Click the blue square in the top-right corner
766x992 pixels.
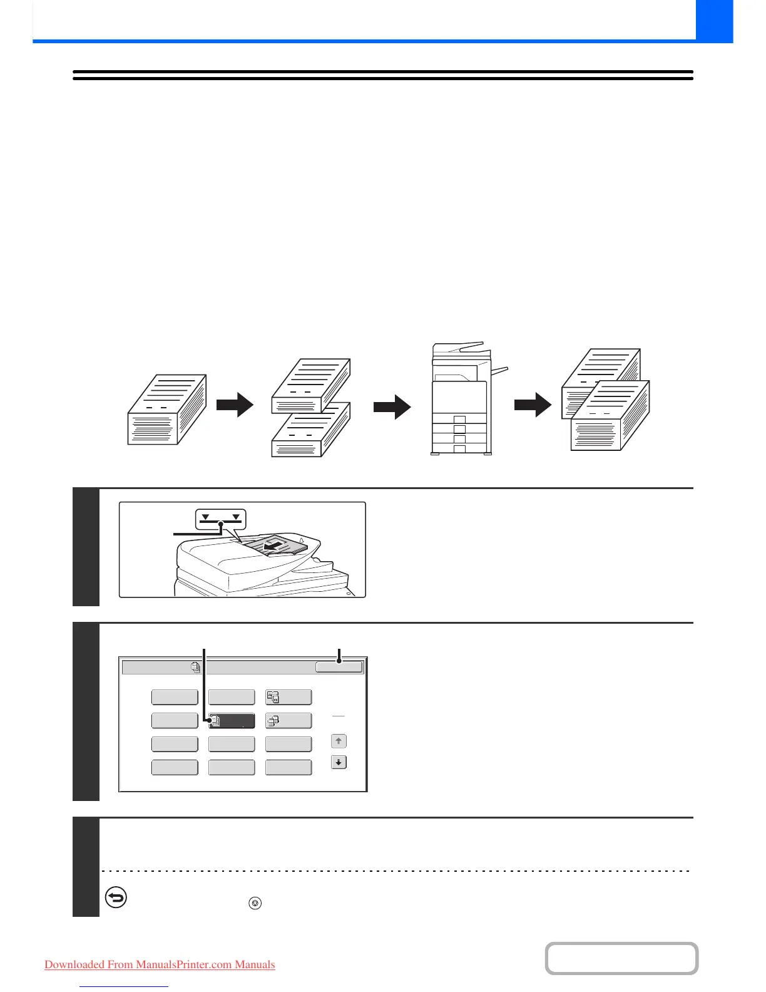714,21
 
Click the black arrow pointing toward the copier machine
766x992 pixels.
392,407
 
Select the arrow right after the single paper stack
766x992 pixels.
235,405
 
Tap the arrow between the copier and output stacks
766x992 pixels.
533,406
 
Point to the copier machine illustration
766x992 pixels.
462,401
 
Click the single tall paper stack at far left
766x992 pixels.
166,410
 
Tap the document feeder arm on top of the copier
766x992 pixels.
458,348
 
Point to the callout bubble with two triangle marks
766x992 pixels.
221,518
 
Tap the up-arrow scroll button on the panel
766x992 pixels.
339,741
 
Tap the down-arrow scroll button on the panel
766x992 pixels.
339,763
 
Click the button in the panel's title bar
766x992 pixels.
339,668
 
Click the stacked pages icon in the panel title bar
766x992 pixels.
196,668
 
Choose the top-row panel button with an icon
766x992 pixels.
289,698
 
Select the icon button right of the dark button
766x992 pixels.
289,721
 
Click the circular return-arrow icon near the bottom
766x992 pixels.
116,898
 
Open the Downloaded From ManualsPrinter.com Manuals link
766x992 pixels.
160,964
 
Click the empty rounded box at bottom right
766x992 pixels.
621,958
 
